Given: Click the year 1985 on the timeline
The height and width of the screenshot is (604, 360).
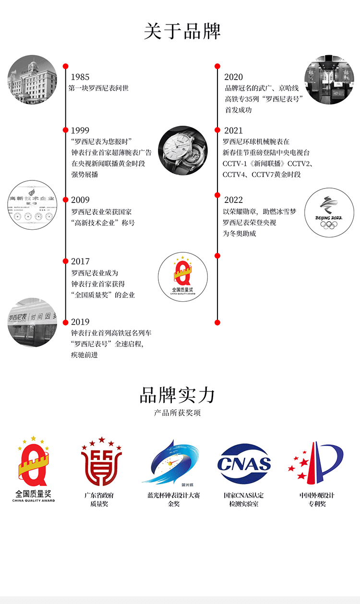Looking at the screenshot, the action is pos(80,77).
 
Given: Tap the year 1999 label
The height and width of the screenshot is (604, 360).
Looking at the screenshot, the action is pos(80,130).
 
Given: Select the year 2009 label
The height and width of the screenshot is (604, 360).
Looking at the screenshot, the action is pos(80,200).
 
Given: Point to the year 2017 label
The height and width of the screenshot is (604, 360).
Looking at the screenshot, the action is pos(80,261).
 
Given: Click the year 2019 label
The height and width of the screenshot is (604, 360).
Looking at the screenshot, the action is pos(80,322).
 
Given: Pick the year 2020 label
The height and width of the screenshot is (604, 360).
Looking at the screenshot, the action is pos(233,77).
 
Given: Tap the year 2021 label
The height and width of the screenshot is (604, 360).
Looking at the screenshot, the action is pos(233,130).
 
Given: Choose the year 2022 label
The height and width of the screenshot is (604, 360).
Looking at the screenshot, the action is pos(233,200).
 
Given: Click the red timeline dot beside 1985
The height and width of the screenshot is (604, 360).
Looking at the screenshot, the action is pos(66,66).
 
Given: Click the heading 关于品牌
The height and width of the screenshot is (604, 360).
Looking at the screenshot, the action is pos(182,31).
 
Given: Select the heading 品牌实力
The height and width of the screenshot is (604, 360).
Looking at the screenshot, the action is pos(178,395).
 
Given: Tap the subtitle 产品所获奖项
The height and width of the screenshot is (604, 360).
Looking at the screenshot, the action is pos(178,413).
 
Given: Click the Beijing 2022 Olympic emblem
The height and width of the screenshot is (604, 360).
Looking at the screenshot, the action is pos(329,213).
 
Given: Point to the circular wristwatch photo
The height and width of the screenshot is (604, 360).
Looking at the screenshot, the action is pos(183,151).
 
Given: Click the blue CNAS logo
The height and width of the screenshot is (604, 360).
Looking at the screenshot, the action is pos(244,463).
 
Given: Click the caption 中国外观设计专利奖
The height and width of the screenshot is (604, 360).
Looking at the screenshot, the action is pos(317,499).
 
